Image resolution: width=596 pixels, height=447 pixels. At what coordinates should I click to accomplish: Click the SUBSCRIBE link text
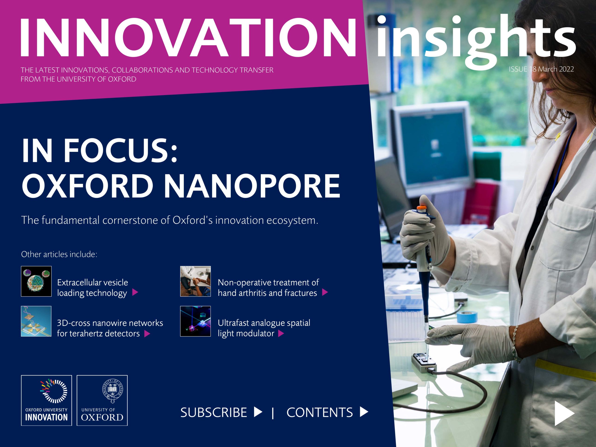pyautogui.click(x=213, y=413)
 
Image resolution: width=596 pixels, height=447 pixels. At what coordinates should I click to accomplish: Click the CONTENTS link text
pyautogui.click(x=319, y=413)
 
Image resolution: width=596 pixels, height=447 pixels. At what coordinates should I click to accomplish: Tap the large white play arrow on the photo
pyautogui.click(x=564, y=413)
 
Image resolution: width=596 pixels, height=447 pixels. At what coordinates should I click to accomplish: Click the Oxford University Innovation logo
pyautogui.click(x=46, y=400)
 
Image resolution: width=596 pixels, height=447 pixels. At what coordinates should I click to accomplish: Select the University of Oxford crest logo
pyautogui.click(x=102, y=400)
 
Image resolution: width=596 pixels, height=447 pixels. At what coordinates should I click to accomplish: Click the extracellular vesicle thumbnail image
pyautogui.click(x=36, y=281)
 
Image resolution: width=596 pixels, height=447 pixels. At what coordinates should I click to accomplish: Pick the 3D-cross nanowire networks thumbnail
pyautogui.click(x=36, y=321)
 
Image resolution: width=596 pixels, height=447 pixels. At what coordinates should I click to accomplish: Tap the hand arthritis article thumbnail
pyautogui.click(x=195, y=281)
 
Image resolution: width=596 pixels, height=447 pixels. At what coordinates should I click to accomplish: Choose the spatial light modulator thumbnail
pyautogui.click(x=195, y=321)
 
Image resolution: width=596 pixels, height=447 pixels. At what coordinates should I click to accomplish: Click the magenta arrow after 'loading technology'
pyautogui.click(x=135, y=292)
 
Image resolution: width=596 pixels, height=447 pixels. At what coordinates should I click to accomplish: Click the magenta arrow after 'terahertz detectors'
pyautogui.click(x=147, y=334)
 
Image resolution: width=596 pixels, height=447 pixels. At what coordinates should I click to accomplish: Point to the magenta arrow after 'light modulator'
pyautogui.click(x=281, y=334)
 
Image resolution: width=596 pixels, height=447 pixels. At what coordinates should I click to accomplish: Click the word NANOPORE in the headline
pyautogui.click(x=252, y=186)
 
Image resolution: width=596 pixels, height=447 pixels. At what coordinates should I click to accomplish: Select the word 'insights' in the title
pyautogui.click(x=476, y=39)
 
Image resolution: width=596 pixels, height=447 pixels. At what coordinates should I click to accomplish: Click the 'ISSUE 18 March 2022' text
pyautogui.click(x=541, y=69)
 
